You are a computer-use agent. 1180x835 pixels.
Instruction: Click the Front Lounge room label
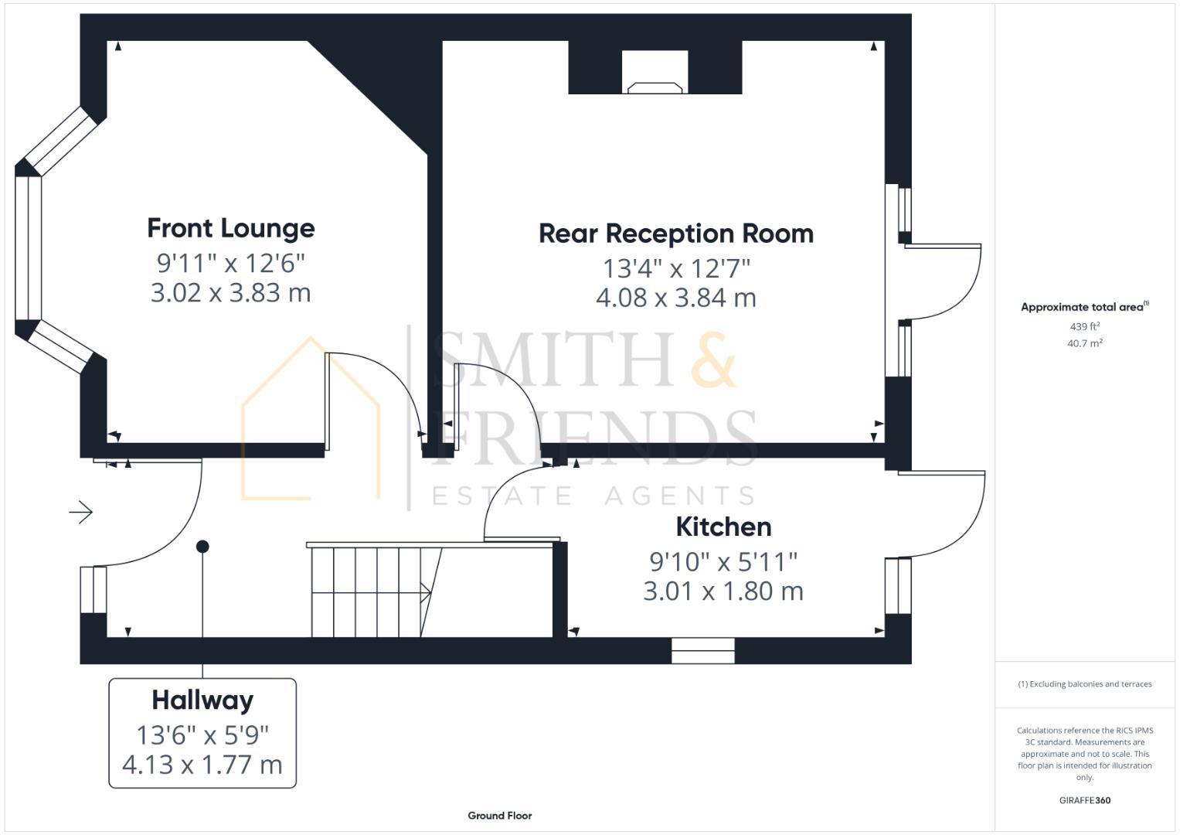230,228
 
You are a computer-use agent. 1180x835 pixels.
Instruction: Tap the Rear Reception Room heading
675,233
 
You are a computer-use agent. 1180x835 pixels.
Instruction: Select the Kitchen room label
723,527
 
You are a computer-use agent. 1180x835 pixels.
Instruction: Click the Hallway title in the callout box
202,700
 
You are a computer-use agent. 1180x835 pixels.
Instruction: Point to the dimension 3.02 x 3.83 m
230,293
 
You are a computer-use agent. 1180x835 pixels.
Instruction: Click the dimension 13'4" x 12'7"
675,268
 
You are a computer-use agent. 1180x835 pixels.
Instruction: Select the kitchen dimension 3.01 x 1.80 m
723,591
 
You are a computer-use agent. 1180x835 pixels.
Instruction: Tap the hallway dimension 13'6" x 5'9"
202,734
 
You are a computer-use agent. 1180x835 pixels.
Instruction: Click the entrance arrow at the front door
81,512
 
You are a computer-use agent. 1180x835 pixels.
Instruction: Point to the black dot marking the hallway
202,547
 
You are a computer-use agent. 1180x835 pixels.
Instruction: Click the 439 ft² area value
1084,326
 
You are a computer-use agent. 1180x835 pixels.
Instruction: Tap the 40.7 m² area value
1084,343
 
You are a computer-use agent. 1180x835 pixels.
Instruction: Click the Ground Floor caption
499,816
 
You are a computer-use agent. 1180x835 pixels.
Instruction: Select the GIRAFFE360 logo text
1084,800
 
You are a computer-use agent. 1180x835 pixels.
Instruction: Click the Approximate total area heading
1083,307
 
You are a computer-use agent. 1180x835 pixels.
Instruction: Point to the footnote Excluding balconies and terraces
1084,684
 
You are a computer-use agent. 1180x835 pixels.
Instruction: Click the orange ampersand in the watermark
712,360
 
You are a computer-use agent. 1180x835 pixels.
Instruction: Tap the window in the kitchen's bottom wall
702,651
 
